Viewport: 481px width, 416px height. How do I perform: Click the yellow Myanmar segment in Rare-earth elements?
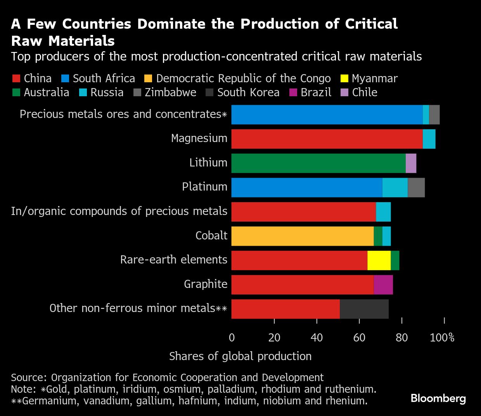(x=379, y=260)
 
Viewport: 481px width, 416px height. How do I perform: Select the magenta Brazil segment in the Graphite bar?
(x=383, y=285)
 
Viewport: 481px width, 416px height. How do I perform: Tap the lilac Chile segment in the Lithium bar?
(x=411, y=163)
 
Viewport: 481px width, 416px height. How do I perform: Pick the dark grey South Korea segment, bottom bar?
(x=364, y=309)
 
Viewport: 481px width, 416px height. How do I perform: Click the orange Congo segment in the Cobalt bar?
(x=303, y=236)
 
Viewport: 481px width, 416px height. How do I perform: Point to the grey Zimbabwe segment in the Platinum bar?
(x=416, y=187)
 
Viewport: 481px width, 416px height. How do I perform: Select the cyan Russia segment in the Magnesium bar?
(x=429, y=139)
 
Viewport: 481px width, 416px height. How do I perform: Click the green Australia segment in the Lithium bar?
(x=318, y=163)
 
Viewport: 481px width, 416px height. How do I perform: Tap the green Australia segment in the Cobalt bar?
(x=378, y=236)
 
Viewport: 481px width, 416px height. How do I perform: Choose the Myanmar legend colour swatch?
(x=345, y=78)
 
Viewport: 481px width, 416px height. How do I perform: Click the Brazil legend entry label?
(x=316, y=92)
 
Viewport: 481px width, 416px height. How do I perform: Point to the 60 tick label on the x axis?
(x=359, y=338)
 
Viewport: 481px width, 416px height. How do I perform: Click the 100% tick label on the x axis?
(x=442, y=338)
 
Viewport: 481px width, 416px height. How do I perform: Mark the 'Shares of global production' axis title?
(x=240, y=356)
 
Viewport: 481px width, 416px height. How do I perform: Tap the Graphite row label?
(x=206, y=284)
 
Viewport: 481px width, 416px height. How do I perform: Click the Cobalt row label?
(x=211, y=236)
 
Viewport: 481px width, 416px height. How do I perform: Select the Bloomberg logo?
(x=438, y=399)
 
